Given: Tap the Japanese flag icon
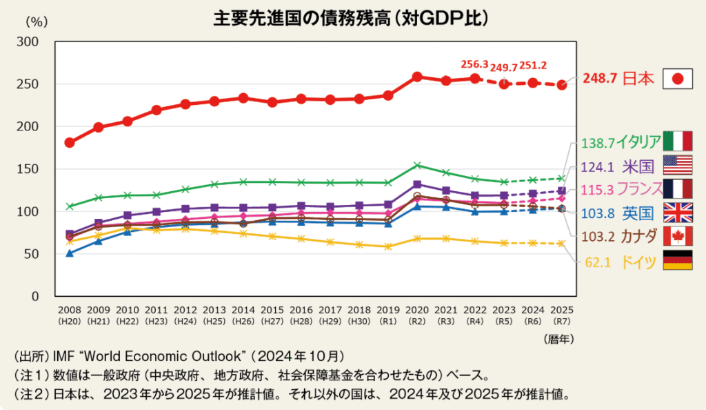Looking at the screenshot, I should click(677, 79).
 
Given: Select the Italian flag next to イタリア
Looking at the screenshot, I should click(677, 141).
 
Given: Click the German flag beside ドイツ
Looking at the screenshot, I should click(677, 260).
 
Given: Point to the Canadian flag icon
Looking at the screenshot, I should click(677, 236).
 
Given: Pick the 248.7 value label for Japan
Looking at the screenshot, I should click(601, 79).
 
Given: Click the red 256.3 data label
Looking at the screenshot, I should click(474, 64).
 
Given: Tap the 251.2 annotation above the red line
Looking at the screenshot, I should click(532, 65).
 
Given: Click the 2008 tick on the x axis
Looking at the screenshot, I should click(70, 311).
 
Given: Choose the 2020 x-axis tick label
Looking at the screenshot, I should click(416, 311).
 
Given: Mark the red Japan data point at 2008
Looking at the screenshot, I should click(70, 143).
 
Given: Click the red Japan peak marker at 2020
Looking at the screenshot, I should click(417, 77).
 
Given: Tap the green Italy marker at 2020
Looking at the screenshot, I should click(417, 165).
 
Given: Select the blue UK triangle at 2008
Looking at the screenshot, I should click(70, 253).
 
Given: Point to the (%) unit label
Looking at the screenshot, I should click(35, 21).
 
